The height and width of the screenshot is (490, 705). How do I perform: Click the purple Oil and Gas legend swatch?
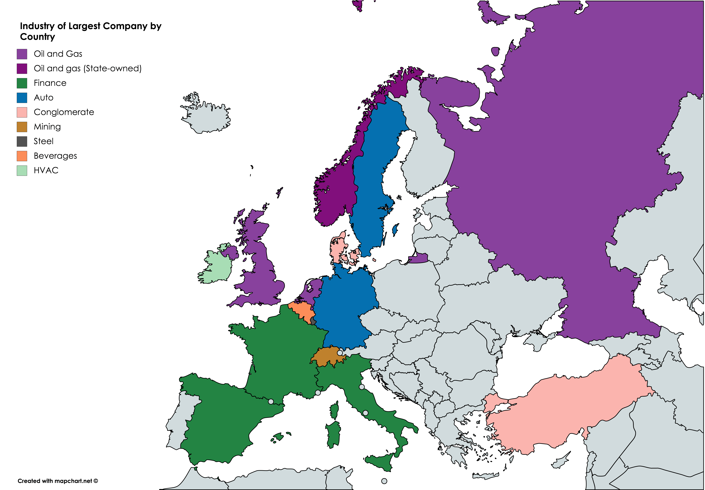22,54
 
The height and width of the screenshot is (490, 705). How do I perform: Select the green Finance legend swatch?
22,83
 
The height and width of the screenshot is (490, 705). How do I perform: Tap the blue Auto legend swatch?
22,98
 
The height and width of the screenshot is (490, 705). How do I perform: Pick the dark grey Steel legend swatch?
22,141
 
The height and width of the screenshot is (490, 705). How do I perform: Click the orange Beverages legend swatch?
22,156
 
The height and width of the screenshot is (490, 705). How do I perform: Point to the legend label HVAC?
46,170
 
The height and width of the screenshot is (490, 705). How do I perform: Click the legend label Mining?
47,127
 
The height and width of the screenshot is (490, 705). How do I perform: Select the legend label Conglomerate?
64,112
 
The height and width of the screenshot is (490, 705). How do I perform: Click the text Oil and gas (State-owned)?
88,68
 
